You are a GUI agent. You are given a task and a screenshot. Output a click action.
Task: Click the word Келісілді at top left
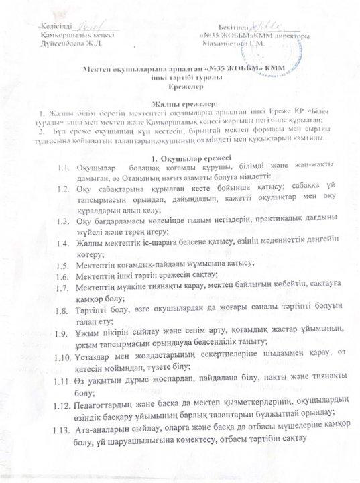(x=56, y=24)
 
